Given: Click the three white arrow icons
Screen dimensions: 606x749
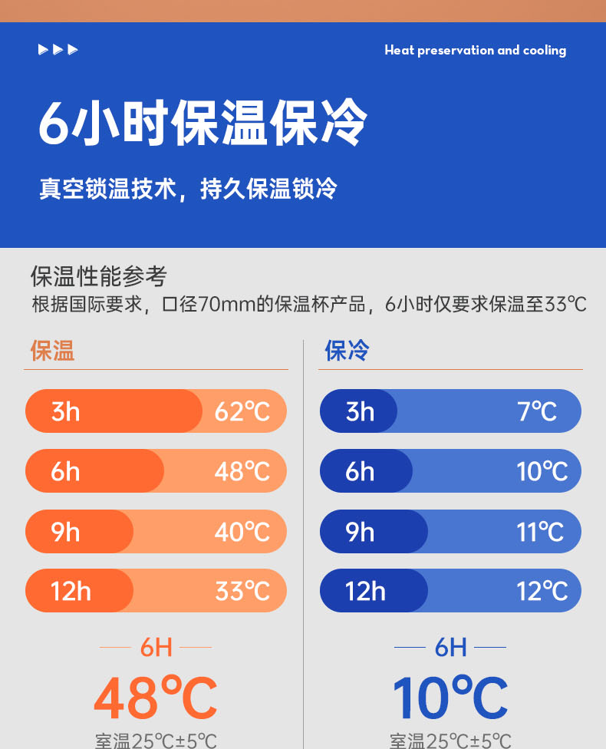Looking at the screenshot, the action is point(58,50).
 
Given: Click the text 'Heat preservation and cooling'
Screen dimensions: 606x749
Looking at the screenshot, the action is point(475,51).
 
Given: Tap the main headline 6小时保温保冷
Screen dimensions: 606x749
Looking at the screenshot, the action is point(203,123).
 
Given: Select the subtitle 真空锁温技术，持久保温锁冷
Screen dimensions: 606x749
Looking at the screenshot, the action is point(188,189).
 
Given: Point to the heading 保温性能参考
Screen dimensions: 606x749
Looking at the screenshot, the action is point(99,276).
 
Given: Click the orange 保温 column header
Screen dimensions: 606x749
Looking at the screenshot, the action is point(52,351).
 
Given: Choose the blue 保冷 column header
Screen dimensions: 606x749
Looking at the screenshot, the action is point(347,351).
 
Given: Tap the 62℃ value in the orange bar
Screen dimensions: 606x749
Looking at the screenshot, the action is point(242,411).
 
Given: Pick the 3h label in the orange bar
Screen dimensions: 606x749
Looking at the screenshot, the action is point(65,411).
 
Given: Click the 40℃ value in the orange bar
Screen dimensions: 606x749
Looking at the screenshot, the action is point(242,532).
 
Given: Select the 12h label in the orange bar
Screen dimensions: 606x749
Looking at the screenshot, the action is point(71,591).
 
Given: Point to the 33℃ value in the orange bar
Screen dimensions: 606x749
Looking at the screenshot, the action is point(242,591).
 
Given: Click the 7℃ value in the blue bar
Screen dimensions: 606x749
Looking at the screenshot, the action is point(537,411).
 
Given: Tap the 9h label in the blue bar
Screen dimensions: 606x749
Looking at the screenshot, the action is point(360,532).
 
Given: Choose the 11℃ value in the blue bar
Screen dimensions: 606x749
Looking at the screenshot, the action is point(540,532).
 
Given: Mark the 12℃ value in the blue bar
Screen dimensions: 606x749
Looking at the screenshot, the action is point(542,591).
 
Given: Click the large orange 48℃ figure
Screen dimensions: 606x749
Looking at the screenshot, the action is point(156,697).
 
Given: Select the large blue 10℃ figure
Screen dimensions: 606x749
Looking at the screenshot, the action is point(450,697).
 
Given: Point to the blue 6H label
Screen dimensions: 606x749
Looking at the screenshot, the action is point(450,648).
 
